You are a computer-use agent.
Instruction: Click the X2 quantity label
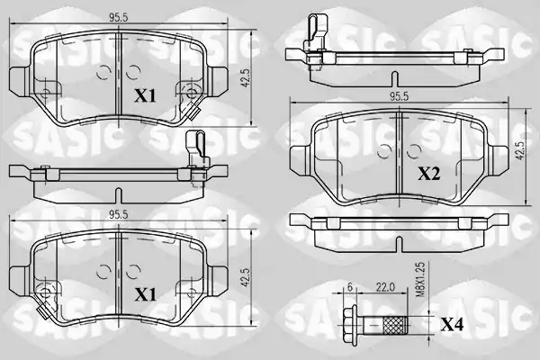(429, 174)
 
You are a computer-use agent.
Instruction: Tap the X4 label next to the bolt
(452, 325)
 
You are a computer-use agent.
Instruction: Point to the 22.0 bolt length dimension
(384, 287)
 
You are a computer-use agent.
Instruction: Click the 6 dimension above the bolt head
(350, 287)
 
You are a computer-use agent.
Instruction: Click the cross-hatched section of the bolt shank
(395, 324)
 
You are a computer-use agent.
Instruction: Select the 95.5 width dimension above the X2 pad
(399, 96)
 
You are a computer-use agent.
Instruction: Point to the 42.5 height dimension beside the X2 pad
(520, 150)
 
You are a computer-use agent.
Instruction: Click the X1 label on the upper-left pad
(145, 95)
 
